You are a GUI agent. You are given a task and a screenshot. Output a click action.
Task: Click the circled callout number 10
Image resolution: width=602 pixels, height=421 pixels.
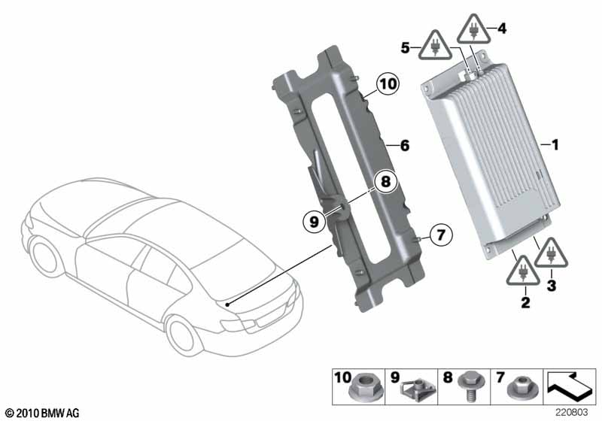(x=388, y=84)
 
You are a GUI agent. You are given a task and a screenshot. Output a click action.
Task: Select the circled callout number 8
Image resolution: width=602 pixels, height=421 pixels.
(x=385, y=181)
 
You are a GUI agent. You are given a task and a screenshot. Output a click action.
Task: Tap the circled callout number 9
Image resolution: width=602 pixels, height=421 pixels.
(x=315, y=222)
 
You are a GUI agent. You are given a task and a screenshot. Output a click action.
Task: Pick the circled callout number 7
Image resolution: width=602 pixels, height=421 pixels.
(x=441, y=234)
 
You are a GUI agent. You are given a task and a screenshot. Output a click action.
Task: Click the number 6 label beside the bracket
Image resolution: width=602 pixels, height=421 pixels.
(x=405, y=146)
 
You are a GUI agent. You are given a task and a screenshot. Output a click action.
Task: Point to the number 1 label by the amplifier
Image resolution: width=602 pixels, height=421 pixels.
(x=555, y=145)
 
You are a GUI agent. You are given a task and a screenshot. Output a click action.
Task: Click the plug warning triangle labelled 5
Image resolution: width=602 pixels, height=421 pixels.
(x=435, y=46)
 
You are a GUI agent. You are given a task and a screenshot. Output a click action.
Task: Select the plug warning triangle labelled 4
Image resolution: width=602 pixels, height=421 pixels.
(x=474, y=29)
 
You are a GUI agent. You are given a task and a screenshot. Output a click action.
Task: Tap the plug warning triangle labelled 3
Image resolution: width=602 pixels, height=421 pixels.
(x=551, y=253)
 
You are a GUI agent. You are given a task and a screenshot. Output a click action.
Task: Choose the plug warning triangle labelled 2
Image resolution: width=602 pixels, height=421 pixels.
(x=523, y=271)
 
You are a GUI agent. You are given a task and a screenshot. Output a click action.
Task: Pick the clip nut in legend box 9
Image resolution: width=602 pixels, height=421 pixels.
(x=418, y=391)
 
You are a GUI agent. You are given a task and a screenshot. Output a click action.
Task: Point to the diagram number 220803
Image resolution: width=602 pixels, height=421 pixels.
(x=572, y=413)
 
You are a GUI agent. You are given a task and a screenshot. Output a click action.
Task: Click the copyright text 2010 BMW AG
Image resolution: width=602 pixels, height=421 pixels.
(x=43, y=413)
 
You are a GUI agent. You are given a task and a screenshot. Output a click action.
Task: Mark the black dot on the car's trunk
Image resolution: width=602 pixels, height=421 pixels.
(x=227, y=304)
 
